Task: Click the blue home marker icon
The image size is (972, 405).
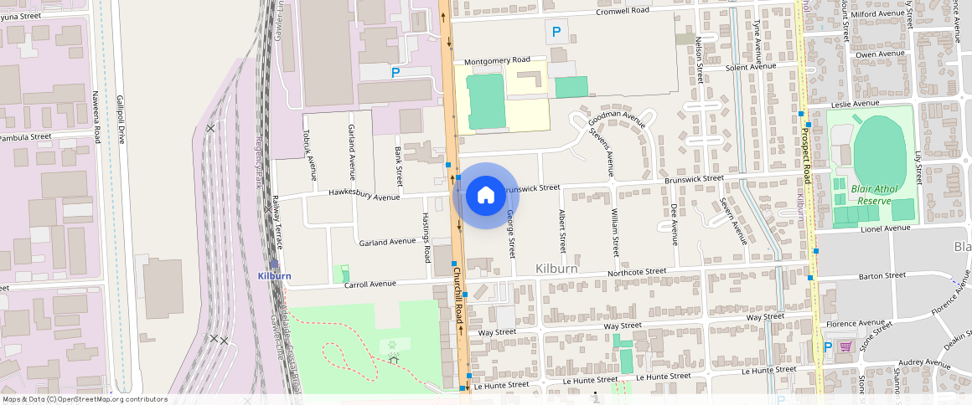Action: [485, 196]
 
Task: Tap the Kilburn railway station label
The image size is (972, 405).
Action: [274, 275]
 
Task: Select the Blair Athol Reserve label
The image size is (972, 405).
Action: [874, 194]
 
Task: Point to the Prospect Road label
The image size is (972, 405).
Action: [806, 151]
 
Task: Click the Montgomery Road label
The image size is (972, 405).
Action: [497, 60]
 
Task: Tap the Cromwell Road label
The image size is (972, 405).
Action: [623, 11]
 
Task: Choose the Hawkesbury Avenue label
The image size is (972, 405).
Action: [364, 197]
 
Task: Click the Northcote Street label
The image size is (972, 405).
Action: [637, 273]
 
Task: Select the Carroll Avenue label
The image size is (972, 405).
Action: [370, 285]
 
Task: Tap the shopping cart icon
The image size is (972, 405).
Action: [845, 346]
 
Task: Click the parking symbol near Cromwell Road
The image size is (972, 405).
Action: [555, 33]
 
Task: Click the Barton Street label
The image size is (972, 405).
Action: [882, 274]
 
